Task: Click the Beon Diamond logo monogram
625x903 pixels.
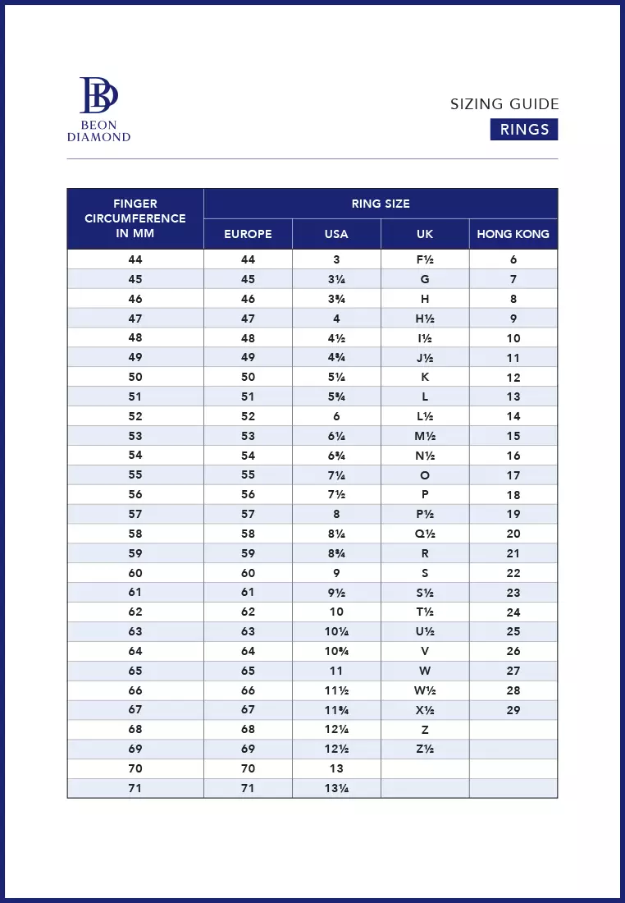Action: (98, 95)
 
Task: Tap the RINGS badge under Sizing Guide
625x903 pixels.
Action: (524, 130)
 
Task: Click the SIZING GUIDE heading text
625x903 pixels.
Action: (504, 104)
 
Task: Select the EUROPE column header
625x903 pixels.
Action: (248, 234)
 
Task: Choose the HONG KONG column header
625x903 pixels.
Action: (513, 234)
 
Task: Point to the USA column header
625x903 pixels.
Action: (336, 234)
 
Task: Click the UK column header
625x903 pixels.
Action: (425, 234)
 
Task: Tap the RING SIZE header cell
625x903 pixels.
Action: (381, 204)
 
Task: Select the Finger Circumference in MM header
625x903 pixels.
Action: (135, 218)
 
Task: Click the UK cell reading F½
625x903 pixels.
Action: (425, 259)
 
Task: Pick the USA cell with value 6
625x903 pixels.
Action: (336, 416)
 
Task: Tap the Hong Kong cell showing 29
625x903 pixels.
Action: (513, 710)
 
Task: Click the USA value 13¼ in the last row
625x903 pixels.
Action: (336, 788)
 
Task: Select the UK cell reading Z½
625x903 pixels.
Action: (425, 749)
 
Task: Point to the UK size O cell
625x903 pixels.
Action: (425, 475)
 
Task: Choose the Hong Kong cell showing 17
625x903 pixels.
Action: (513, 475)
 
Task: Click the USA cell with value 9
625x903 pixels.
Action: (336, 573)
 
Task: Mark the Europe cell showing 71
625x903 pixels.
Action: (248, 788)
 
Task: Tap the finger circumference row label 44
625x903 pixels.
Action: (135, 259)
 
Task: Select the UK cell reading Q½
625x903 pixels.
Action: (425, 534)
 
